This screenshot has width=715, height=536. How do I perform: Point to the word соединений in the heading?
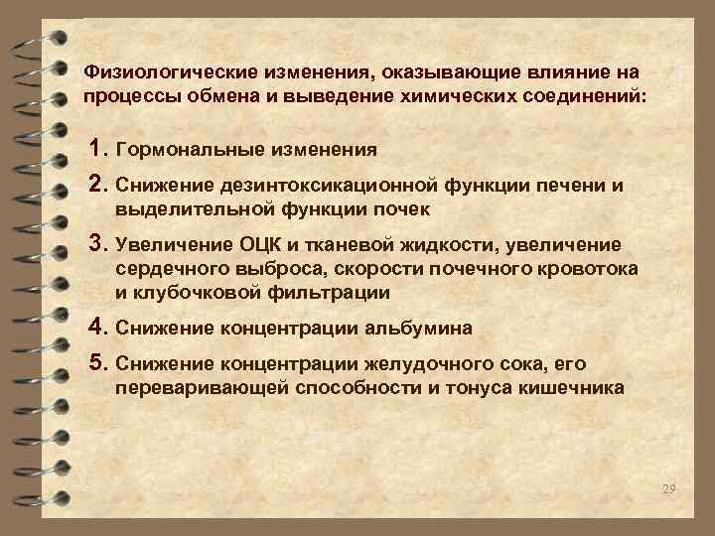click(579, 97)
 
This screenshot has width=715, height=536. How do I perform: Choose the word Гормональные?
click(190, 150)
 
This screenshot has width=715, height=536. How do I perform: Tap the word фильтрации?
click(333, 293)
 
